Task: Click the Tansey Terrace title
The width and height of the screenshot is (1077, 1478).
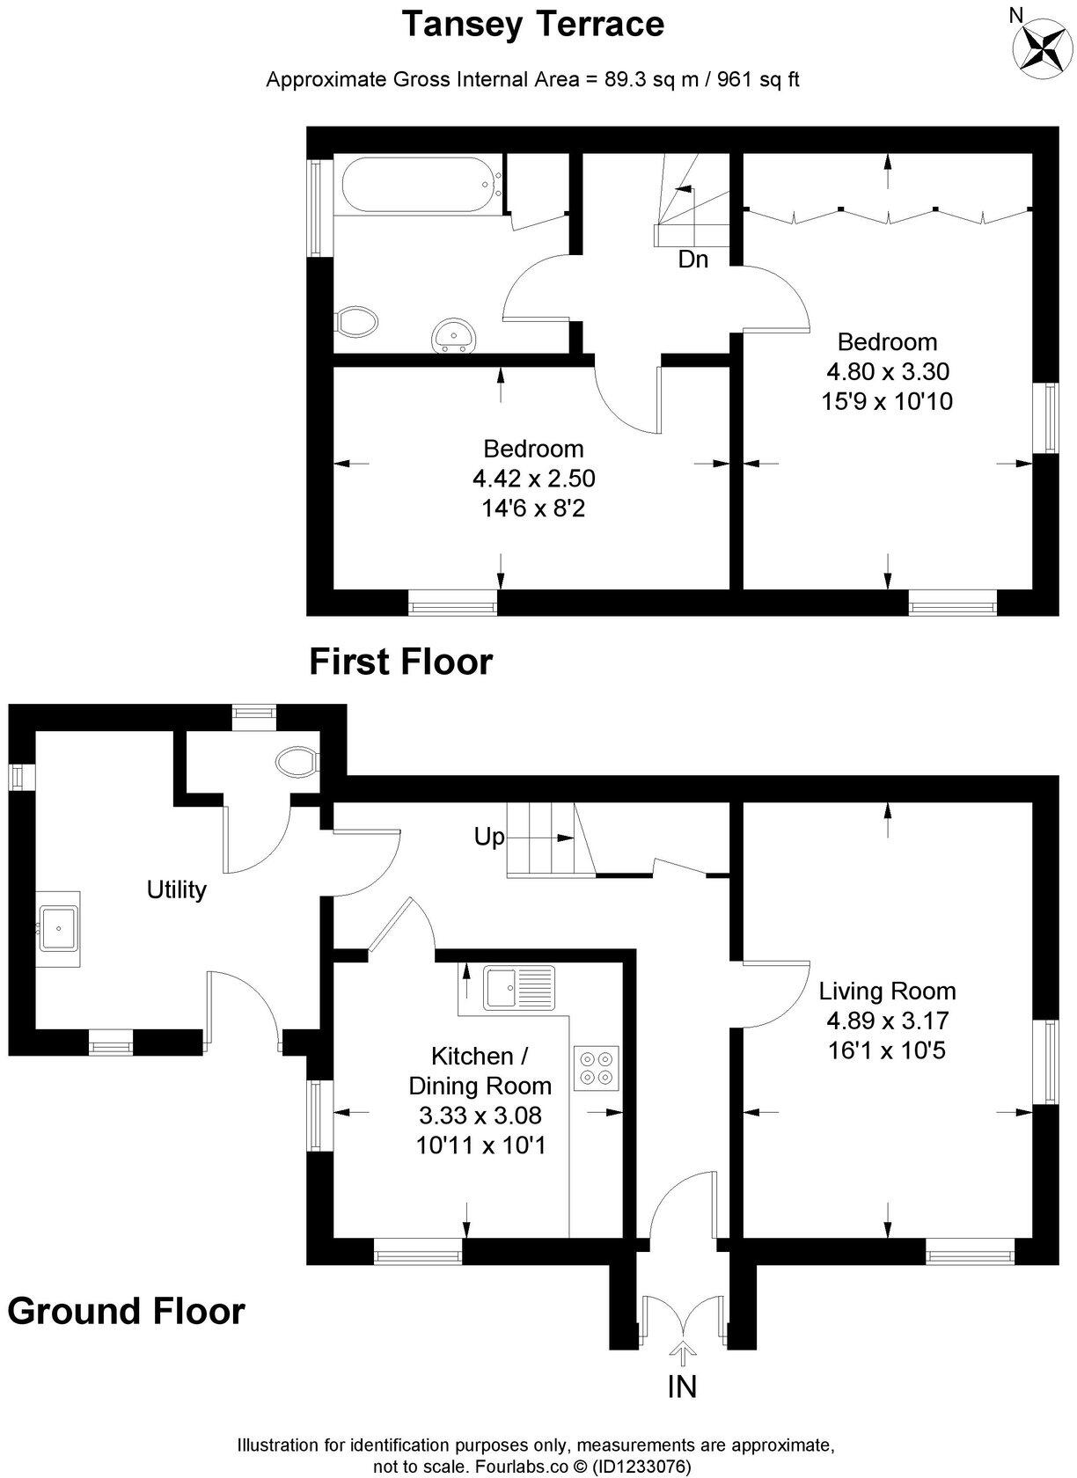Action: (532, 24)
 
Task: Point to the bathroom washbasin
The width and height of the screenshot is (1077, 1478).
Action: (455, 335)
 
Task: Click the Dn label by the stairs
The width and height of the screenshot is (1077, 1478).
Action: (692, 260)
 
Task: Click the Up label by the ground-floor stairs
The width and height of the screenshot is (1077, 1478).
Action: (489, 837)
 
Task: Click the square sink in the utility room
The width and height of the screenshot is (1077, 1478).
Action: (58, 928)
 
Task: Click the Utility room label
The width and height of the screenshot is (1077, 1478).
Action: (177, 889)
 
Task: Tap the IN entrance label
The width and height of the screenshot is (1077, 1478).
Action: (682, 1387)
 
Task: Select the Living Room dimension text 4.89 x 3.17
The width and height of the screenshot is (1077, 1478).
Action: (887, 1021)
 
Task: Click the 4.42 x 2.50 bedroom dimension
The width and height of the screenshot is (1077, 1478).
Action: (534, 479)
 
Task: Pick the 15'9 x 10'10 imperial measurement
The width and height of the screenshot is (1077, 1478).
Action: (887, 401)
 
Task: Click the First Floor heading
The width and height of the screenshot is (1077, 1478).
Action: (400, 662)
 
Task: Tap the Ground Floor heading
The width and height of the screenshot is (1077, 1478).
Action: (126, 1311)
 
